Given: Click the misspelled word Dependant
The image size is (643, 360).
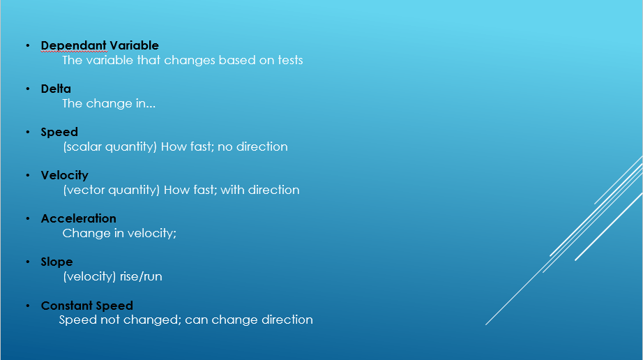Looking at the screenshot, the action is coord(74,46).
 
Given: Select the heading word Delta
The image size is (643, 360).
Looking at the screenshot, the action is coord(56,89).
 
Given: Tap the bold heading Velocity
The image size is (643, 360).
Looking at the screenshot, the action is coord(65,176).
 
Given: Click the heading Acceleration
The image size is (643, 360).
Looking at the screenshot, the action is coord(79,218).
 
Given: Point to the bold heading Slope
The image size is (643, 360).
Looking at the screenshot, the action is coord(57,262).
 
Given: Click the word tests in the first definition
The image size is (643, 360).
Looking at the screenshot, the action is coord(290,60).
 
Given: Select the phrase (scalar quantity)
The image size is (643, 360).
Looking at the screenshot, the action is coord(110,147).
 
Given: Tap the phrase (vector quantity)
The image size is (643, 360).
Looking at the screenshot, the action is coord(111,190).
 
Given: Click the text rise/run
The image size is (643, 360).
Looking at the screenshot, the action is coord(141,277).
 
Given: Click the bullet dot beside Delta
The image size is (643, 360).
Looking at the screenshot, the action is coord(28,89).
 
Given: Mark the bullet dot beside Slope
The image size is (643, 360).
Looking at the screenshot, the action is coord(28,262).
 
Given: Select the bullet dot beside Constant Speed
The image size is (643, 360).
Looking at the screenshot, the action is coord(28,306).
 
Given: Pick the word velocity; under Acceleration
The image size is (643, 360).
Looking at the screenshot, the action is coord(152,234).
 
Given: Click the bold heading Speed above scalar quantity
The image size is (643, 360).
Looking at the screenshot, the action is coord(59,133).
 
